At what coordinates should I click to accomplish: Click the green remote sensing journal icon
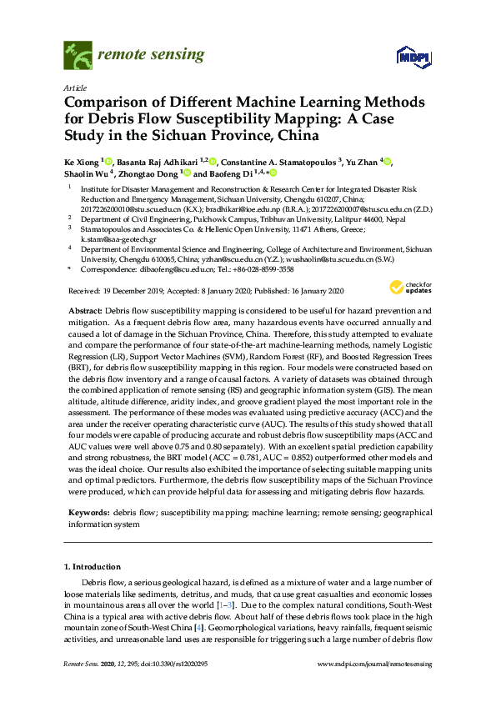(x=77, y=57)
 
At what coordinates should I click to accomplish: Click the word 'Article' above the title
(x=75, y=88)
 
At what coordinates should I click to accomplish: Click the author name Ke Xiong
(x=80, y=162)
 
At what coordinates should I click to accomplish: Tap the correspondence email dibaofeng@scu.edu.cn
(x=158, y=270)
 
